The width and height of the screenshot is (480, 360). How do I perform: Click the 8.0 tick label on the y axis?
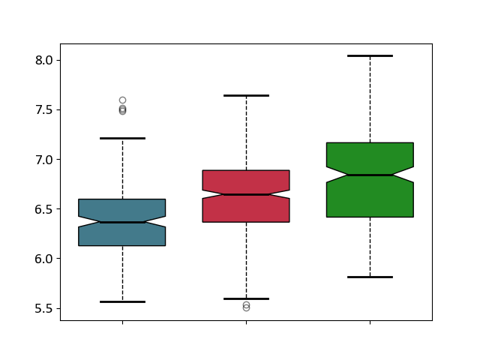click(43, 60)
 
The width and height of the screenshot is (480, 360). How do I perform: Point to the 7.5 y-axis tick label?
click(43, 110)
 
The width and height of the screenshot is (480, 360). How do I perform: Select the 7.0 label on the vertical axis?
click(43, 160)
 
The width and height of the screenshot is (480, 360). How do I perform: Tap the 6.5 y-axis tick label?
click(43, 209)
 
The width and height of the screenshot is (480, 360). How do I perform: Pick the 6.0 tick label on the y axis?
click(43, 259)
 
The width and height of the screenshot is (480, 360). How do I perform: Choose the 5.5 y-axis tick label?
click(43, 308)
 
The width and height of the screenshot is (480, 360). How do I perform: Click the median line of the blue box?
click(122, 222)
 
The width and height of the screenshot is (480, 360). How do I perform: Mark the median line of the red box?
click(247, 194)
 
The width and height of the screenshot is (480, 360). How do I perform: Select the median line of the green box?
click(370, 175)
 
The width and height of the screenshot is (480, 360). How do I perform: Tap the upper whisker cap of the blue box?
click(122, 138)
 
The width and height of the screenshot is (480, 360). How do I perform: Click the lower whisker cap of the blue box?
click(122, 301)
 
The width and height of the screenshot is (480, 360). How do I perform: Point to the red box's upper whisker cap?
click(247, 95)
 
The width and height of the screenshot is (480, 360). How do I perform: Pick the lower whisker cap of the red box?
click(247, 298)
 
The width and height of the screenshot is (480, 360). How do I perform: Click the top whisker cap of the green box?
click(370, 55)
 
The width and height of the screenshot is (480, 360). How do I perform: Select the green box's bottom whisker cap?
click(370, 277)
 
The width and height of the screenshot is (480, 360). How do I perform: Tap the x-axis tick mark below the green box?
click(370, 322)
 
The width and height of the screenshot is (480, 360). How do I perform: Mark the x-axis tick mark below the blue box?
click(123, 322)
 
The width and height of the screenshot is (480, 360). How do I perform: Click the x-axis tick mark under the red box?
click(247, 322)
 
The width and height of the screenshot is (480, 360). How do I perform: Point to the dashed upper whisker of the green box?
click(370, 99)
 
